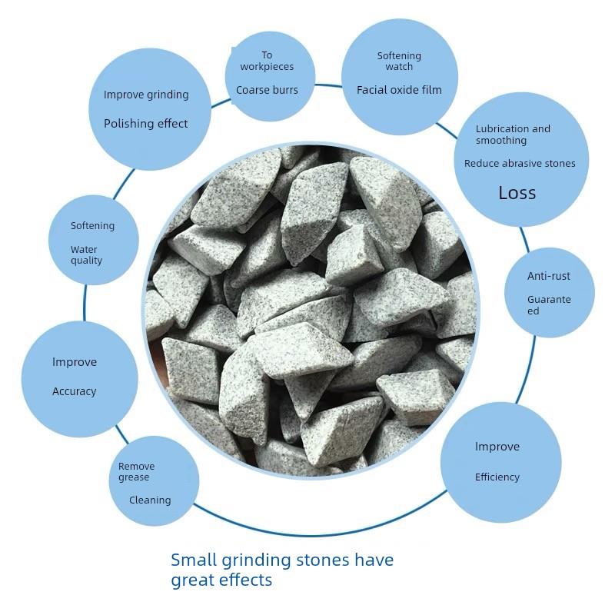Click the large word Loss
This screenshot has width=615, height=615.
click(x=517, y=193)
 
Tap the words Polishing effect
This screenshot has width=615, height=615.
click(x=146, y=123)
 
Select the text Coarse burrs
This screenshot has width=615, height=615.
click(x=267, y=90)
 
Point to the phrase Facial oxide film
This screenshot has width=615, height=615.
click(x=399, y=90)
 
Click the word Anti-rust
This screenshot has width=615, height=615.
click(x=549, y=276)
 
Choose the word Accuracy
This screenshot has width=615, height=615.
click(x=75, y=391)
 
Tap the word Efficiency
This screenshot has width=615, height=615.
click(x=497, y=477)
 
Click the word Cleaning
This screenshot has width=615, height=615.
click(x=150, y=500)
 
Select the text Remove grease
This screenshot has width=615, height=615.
click(x=136, y=471)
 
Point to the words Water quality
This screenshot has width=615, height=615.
click(x=86, y=254)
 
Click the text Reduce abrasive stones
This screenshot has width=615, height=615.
click(x=520, y=163)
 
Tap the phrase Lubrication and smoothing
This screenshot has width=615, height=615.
click(x=513, y=135)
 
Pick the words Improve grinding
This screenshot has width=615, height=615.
click(x=146, y=95)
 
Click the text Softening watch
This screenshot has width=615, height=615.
click(x=399, y=61)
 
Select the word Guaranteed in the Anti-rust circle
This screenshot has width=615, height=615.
click(x=549, y=305)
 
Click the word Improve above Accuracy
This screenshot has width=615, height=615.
click(x=75, y=362)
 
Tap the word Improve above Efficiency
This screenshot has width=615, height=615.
click(x=497, y=447)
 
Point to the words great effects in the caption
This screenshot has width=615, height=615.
click(x=221, y=580)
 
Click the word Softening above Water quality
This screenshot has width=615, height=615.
click(x=92, y=226)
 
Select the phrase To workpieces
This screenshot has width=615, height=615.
click(x=267, y=61)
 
